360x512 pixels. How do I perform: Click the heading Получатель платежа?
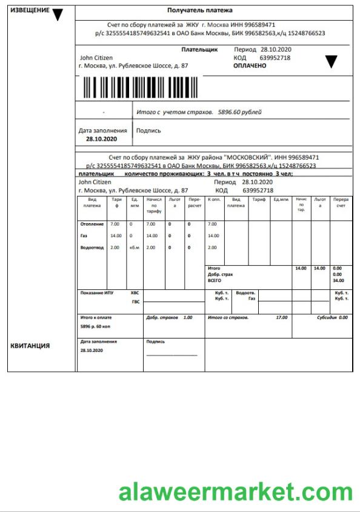coord(199,11)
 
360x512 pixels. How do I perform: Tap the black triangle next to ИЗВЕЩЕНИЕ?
coord(58,15)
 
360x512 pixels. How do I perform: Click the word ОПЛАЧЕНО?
coord(250,66)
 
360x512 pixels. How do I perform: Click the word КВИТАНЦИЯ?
coord(30,346)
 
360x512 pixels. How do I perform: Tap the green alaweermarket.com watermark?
coord(235,492)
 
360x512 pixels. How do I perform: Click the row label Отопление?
coord(92,224)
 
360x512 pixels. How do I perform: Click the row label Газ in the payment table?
coord(84,236)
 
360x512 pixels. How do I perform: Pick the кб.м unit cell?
coord(134,248)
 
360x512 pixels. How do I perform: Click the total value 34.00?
coord(338,280)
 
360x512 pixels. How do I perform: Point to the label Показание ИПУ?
coord(96,293)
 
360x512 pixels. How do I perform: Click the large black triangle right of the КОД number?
coord(331,61)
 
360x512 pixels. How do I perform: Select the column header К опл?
coord(214,200)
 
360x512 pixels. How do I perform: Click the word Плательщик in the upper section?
coord(199,49)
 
